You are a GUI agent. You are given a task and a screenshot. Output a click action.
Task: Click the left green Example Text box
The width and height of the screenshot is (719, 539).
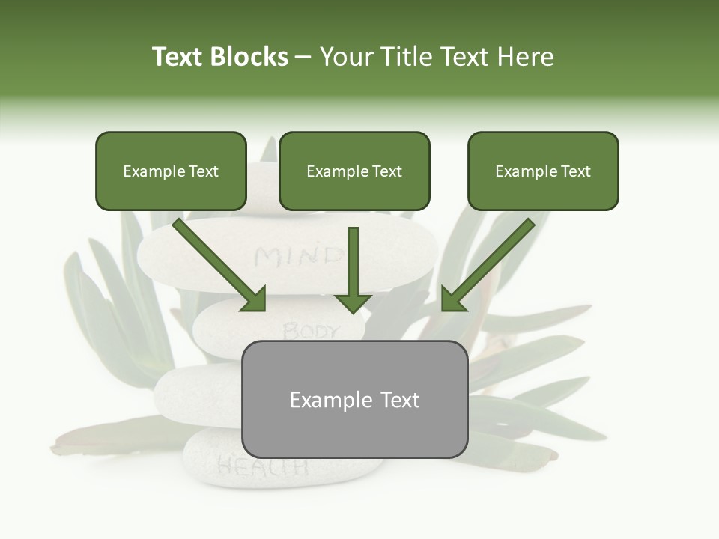point(171,171)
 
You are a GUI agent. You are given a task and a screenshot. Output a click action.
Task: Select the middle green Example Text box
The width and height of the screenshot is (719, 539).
point(354,171)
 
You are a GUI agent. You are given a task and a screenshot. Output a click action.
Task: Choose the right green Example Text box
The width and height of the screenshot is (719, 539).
point(543,171)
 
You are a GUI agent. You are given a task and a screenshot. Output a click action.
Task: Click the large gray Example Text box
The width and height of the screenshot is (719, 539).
point(354,400)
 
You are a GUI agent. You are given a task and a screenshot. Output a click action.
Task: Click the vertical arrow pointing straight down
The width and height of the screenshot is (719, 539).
point(353,269)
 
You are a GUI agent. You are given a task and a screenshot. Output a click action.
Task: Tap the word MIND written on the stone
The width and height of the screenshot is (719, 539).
point(298,257)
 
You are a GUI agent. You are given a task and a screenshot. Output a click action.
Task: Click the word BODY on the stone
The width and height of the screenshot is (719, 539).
point(311,330)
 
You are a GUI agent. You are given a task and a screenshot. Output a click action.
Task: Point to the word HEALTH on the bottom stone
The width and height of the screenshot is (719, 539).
point(262,467)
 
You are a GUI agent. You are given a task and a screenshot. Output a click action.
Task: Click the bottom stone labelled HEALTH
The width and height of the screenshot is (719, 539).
point(217,464)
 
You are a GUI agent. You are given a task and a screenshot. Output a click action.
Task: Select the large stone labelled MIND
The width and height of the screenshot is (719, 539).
point(195,255)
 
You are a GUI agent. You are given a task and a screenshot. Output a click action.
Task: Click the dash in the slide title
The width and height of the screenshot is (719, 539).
point(303,58)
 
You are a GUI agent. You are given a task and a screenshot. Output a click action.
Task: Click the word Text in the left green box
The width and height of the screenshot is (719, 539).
point(204,171)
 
